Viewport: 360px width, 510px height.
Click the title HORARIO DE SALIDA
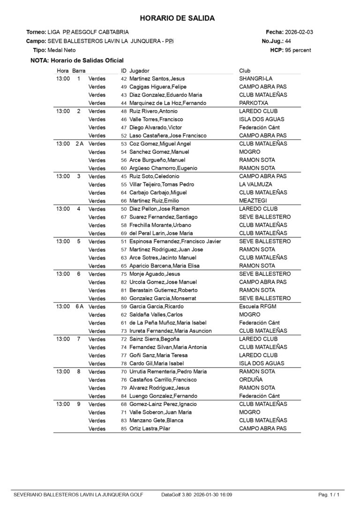click(177, 18)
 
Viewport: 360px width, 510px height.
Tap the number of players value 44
click(288, 41)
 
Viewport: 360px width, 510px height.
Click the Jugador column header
click(140, 70)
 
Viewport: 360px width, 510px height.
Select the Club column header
click(245, 70)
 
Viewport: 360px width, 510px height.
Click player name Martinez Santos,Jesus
click(157, 79)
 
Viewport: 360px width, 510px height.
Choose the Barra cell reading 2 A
click(79, 144)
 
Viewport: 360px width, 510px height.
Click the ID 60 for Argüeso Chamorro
click(124, 168)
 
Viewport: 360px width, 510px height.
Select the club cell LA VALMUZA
click(256, 184)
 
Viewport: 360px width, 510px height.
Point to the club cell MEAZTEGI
click(254, 201)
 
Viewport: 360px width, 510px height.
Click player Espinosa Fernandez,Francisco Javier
click(175, 242)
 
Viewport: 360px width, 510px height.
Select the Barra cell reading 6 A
click(79, 306)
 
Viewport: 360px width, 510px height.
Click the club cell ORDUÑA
click(251, 380)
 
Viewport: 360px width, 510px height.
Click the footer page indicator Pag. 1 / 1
click(329, 495)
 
